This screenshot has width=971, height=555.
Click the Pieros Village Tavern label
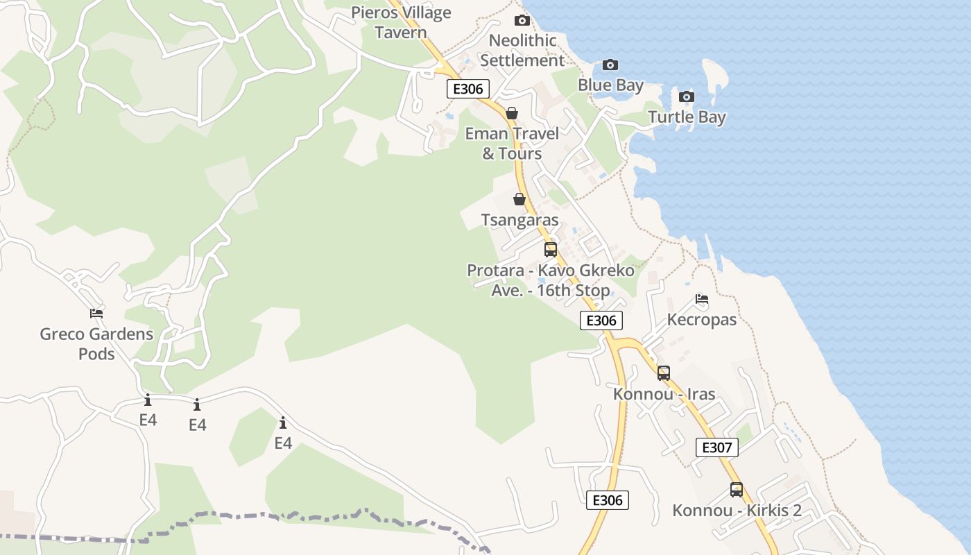click(401, 22)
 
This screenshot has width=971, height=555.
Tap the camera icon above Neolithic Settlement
click(522, 21)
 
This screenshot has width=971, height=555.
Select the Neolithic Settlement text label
click(522, 50)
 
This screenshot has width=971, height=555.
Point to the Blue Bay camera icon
click(610, 65)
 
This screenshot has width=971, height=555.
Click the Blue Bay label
click(610, 85)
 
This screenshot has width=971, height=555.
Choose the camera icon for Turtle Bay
click(687, 96)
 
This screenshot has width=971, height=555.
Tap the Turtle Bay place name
click(687, 117)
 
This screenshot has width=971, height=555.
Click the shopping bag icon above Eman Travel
click(512, 113)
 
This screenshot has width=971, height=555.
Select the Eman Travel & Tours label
click(512, 144)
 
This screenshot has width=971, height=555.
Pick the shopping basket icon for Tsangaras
click(519, 200)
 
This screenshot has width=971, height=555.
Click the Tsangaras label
click(519, 221)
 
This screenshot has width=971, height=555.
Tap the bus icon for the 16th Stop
click(551, 250)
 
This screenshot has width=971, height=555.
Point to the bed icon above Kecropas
click(702, 300)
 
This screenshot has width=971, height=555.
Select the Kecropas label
click(702, 320)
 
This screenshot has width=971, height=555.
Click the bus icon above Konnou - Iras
click(664, 373)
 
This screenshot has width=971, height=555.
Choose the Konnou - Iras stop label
click(664, 394)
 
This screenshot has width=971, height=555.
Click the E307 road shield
click(717, 447)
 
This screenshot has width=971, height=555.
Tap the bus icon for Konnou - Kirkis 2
click(737, 490)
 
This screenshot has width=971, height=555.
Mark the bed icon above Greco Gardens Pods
click(96, 314)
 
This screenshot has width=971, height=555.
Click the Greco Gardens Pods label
click(96, 343)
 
